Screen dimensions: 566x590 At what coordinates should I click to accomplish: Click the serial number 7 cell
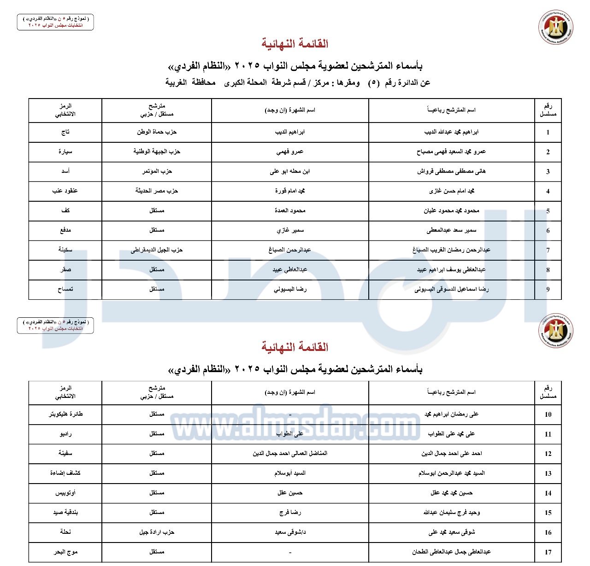548,250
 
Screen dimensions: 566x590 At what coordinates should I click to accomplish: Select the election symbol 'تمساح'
65,289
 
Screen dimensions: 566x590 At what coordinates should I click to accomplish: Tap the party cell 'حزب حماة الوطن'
157,132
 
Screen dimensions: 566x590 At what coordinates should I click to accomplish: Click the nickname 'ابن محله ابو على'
290,171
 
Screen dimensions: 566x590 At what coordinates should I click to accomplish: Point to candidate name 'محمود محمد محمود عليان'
451,210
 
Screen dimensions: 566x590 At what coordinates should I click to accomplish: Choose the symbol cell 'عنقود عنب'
65,191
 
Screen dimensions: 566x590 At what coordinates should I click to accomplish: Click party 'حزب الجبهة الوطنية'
157,152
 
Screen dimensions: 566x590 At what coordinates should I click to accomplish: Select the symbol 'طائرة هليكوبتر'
65,414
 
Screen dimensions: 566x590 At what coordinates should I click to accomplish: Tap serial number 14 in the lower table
548,493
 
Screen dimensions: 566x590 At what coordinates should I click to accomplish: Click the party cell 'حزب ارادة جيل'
157,532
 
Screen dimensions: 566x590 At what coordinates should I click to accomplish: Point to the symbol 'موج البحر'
65,552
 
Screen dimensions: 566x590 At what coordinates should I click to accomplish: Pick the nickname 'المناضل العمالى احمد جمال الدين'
290,453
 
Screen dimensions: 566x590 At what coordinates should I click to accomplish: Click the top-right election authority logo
555,28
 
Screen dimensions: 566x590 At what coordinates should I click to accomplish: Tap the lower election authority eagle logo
555,330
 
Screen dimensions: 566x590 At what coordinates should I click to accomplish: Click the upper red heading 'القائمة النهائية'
295,44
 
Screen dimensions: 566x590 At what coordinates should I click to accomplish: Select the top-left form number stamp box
55,22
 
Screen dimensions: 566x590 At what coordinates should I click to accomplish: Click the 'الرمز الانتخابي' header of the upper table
65,110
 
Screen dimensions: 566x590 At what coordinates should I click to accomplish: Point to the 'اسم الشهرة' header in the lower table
290,392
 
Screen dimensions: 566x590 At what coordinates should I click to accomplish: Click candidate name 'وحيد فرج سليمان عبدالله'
451,512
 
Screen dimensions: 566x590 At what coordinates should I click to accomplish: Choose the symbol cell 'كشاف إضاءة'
65,473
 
